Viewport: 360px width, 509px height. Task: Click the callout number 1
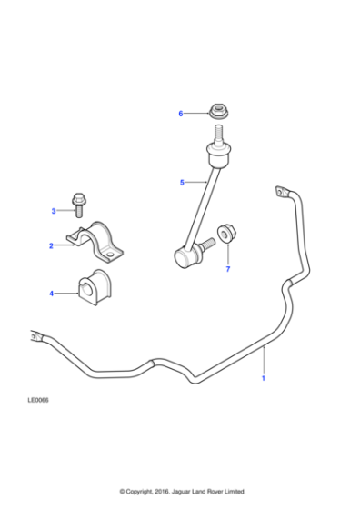click(x=264, y=378)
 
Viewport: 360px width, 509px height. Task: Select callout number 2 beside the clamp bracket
click(x=52, y=245)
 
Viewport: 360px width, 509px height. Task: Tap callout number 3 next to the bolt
click(x=54, y=211)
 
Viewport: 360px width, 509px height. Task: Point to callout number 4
click(x=52, y=293)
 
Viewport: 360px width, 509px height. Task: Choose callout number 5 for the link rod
click(x=182, y=183)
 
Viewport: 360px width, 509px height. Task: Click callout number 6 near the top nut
click(x=181, y=114)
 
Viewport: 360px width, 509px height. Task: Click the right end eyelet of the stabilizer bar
click(x=277, y=191)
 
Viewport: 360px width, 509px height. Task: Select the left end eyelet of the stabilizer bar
click(x=36, y=337)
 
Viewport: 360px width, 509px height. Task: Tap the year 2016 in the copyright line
click(x=163, y=491)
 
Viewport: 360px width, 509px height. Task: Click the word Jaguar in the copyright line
click(x=185, y=491)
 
